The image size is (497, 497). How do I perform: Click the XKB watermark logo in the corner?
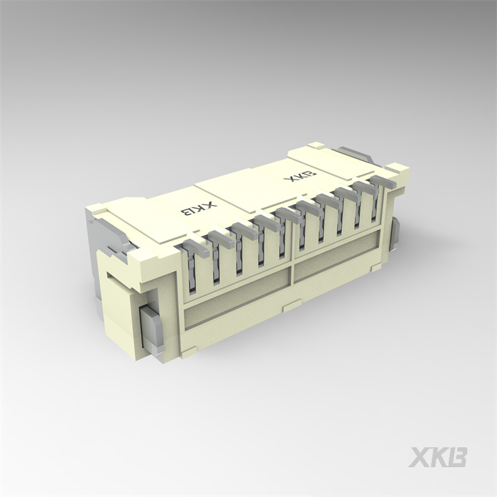(x=438, y=457)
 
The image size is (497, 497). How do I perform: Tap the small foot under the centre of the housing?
(x=292, y=306)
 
